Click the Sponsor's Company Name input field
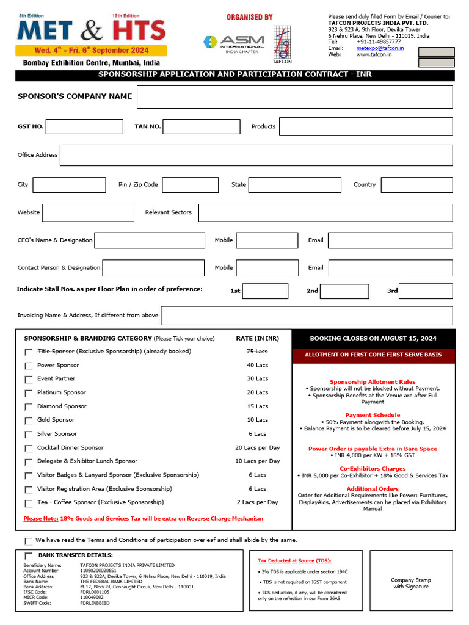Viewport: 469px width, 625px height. pyautogui.click(x=294, y=97)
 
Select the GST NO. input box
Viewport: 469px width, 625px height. pyautogui.click(x=84, y=126)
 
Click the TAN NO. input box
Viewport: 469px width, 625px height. pyautogui.click(x=201, y=126)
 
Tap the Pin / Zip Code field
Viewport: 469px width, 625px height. pyautogui.click(x=190, y=185)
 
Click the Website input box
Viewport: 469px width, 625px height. pyautogui.click(x=88, y=212)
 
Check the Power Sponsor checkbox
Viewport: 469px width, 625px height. pyautogui.click(x=29, y=366)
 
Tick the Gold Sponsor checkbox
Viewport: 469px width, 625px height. pyautogui.click(x=29, y=421)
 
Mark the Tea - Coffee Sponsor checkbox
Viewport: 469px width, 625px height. pyautogui.click(x=29, y=504)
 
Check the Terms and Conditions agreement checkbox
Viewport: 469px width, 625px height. pyautogui.click(x=29, y=541)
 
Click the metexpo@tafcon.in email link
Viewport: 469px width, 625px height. pyautogui.click(x=380, y=48)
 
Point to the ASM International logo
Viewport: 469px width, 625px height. pyautogui.click(x=233, y=44)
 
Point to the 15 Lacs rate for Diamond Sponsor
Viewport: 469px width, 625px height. pyautogui.click(x=257, y=406)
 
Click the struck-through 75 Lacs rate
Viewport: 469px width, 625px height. pyautogui.click(x=257, y=352)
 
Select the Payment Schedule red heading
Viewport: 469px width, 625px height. pyautogui.click(x=373, y=415)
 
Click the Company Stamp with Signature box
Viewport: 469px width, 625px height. pyautogui.click(x=411, y=583)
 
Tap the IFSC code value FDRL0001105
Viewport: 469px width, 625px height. pyautogui.click(x=95, y=592)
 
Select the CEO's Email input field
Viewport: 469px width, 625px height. pyautogui.click(x=390, y=240)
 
